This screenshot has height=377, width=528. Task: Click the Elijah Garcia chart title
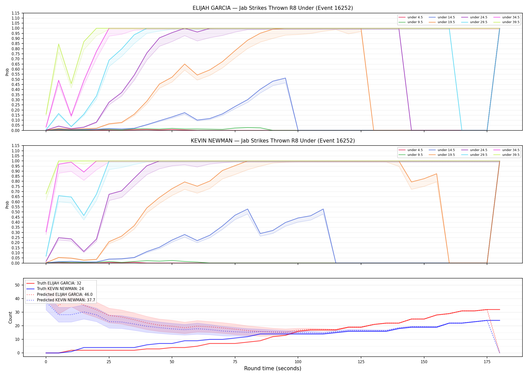273,8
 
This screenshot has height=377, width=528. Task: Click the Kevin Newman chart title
273,141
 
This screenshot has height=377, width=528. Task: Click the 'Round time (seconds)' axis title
273,368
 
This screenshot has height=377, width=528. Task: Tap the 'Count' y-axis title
10,317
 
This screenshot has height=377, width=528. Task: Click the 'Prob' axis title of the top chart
7,72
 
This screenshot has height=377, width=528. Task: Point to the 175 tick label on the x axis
487,362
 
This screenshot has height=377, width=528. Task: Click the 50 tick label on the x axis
172,362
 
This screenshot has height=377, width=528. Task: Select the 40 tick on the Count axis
17,299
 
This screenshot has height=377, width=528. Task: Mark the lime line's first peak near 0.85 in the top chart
59,44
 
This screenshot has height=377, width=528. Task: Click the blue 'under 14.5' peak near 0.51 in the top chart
285,78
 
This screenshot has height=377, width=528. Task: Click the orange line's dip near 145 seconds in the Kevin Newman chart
411,182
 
